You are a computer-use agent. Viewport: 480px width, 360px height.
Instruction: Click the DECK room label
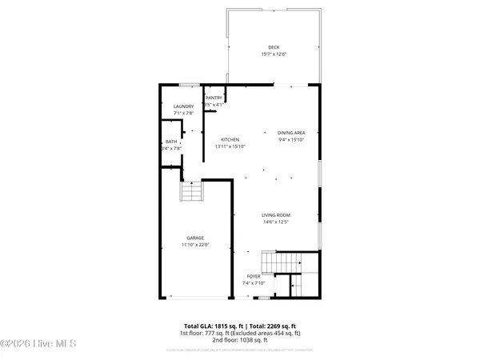point(274,47)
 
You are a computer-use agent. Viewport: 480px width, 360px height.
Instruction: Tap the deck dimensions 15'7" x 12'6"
point(274,54)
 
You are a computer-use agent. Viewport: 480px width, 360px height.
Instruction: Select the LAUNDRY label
point(183,106)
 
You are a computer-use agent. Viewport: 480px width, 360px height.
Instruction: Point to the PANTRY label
point(214,98)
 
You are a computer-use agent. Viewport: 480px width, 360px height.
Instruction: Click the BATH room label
point(171,141)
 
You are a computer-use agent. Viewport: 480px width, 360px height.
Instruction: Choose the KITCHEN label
point(230,139)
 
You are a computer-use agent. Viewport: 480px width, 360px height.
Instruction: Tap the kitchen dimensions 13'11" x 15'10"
point(230,146)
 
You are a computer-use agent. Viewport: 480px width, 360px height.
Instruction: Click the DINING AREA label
point(291,133)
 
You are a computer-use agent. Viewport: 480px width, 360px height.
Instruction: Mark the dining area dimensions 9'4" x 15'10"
point(291,140)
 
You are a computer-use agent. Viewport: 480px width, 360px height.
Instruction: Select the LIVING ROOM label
point(276,214)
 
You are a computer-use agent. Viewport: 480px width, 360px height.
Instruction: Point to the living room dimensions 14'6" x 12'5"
point(276,222)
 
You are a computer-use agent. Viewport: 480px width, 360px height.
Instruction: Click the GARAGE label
point(195,238)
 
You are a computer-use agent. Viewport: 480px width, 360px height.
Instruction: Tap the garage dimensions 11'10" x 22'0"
point(195,245)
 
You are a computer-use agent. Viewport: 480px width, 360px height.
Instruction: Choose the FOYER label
point(253,276)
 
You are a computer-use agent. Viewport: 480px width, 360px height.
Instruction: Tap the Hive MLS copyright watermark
point(38,344)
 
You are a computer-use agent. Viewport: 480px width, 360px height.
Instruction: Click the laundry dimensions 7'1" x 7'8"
point(183,114)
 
